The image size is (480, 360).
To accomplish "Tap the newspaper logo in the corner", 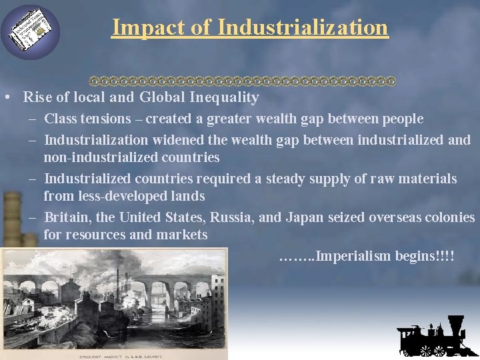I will click(30, 31).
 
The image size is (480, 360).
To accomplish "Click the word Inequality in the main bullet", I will click(224, 97).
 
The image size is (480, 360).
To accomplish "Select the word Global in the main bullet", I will click(162, 97).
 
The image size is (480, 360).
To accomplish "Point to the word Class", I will click(60, 119).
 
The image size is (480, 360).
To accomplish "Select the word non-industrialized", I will click(99, 158).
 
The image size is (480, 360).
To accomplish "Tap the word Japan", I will click(303, 217).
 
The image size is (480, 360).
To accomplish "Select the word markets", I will click(181, 235).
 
